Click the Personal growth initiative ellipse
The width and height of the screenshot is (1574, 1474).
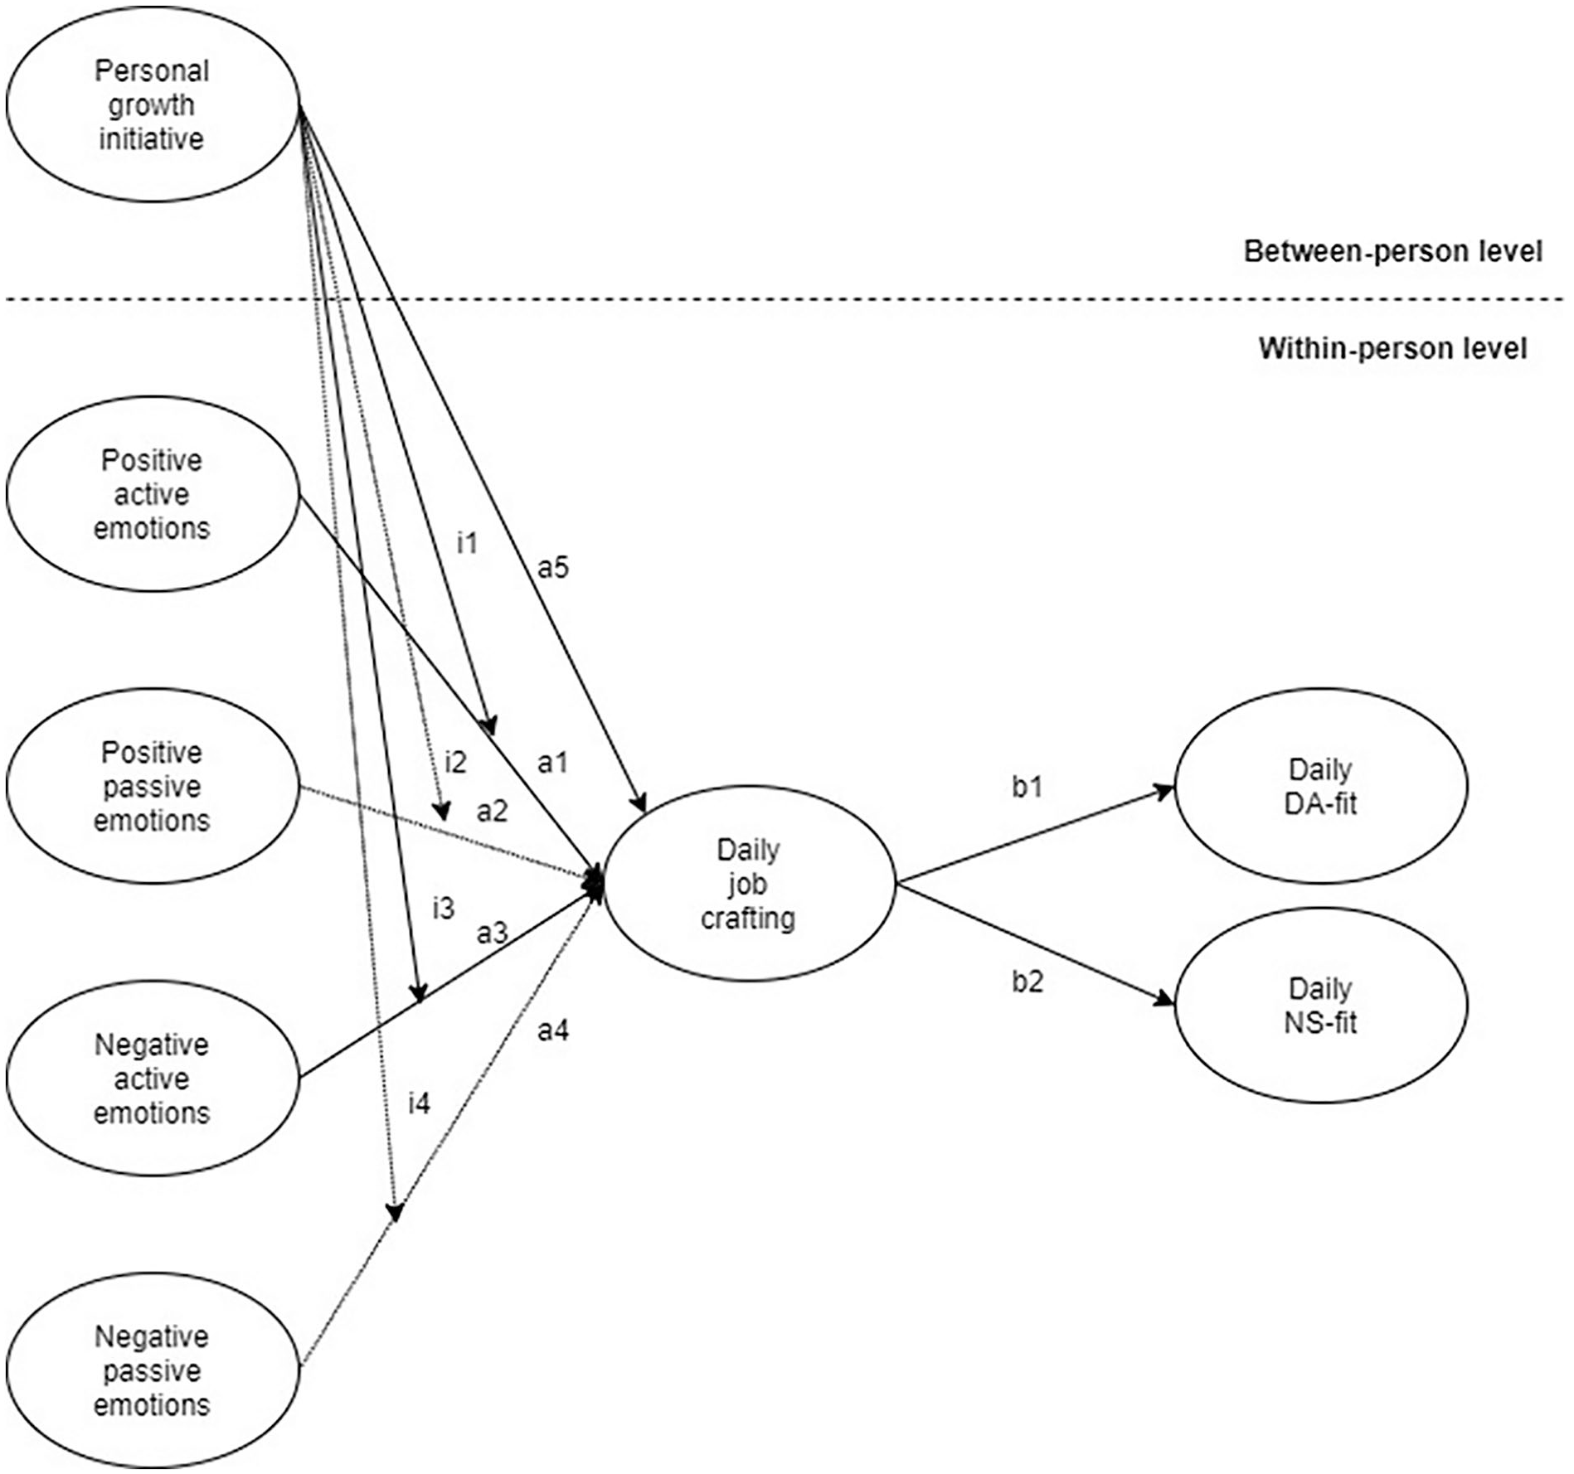tap(153, 104)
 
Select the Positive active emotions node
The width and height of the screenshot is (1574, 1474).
tap(153, 494)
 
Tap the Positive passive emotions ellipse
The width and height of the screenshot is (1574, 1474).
tap(153, 786)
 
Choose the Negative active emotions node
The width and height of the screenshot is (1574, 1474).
tap(153, 1079)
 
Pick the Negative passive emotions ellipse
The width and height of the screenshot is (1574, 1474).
tap(153, 1370)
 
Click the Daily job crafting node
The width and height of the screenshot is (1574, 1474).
tap(749, 884)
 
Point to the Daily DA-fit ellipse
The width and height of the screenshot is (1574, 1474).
tap(1321, 786)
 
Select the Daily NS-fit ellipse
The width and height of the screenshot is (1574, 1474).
tap(1321, 1006)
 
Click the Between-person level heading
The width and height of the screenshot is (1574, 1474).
tap(1393, 251)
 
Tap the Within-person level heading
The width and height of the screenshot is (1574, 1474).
tap(1393, 348)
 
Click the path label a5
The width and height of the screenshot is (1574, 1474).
tap(553, 568)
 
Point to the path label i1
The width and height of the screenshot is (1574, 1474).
tap(468, 543)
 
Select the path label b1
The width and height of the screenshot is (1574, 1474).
tap(1027, 787)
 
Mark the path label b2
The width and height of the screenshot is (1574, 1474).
tap(1027, 982)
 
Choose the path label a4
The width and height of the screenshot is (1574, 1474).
tap(553, 1030)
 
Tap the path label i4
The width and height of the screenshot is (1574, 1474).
tap(420, 1103)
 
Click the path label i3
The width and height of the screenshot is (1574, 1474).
tap(444, 909)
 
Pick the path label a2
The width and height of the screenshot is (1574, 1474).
tap(492, 811)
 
